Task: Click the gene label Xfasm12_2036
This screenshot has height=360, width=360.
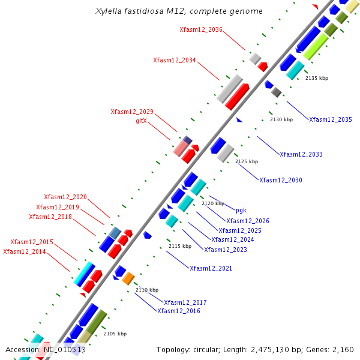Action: click(x=201, y=29)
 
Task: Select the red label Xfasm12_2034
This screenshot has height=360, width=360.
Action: click(x=175, y=60)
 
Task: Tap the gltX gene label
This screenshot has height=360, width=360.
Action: click(x=141, y=121)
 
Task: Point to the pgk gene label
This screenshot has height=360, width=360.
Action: click(x=241, y=211)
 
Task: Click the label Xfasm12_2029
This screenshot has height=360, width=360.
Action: click(x=132, y=112)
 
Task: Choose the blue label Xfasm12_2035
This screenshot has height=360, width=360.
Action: click(x=331, y=119)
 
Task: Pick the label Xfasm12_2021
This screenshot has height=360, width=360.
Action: click(x=211, y=268)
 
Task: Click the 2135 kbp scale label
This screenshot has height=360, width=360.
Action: click(x=317, y=78)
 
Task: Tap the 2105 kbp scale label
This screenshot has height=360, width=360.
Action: click(x=115, y=334)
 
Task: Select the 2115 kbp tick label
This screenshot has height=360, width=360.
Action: click(x=180, y=246)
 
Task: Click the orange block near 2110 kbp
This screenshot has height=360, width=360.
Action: click(x=128, y=278)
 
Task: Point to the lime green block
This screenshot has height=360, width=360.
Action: click(x=316, y=46)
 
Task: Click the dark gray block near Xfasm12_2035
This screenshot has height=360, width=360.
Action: click(x=276, y=92)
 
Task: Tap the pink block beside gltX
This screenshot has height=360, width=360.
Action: click(x=181, y=149)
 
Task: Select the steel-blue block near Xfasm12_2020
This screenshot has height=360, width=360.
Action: click(x=115, y=233)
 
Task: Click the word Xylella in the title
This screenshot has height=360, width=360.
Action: click(x=109, y=11)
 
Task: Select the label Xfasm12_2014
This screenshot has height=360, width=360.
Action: click(x=25, y=251)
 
